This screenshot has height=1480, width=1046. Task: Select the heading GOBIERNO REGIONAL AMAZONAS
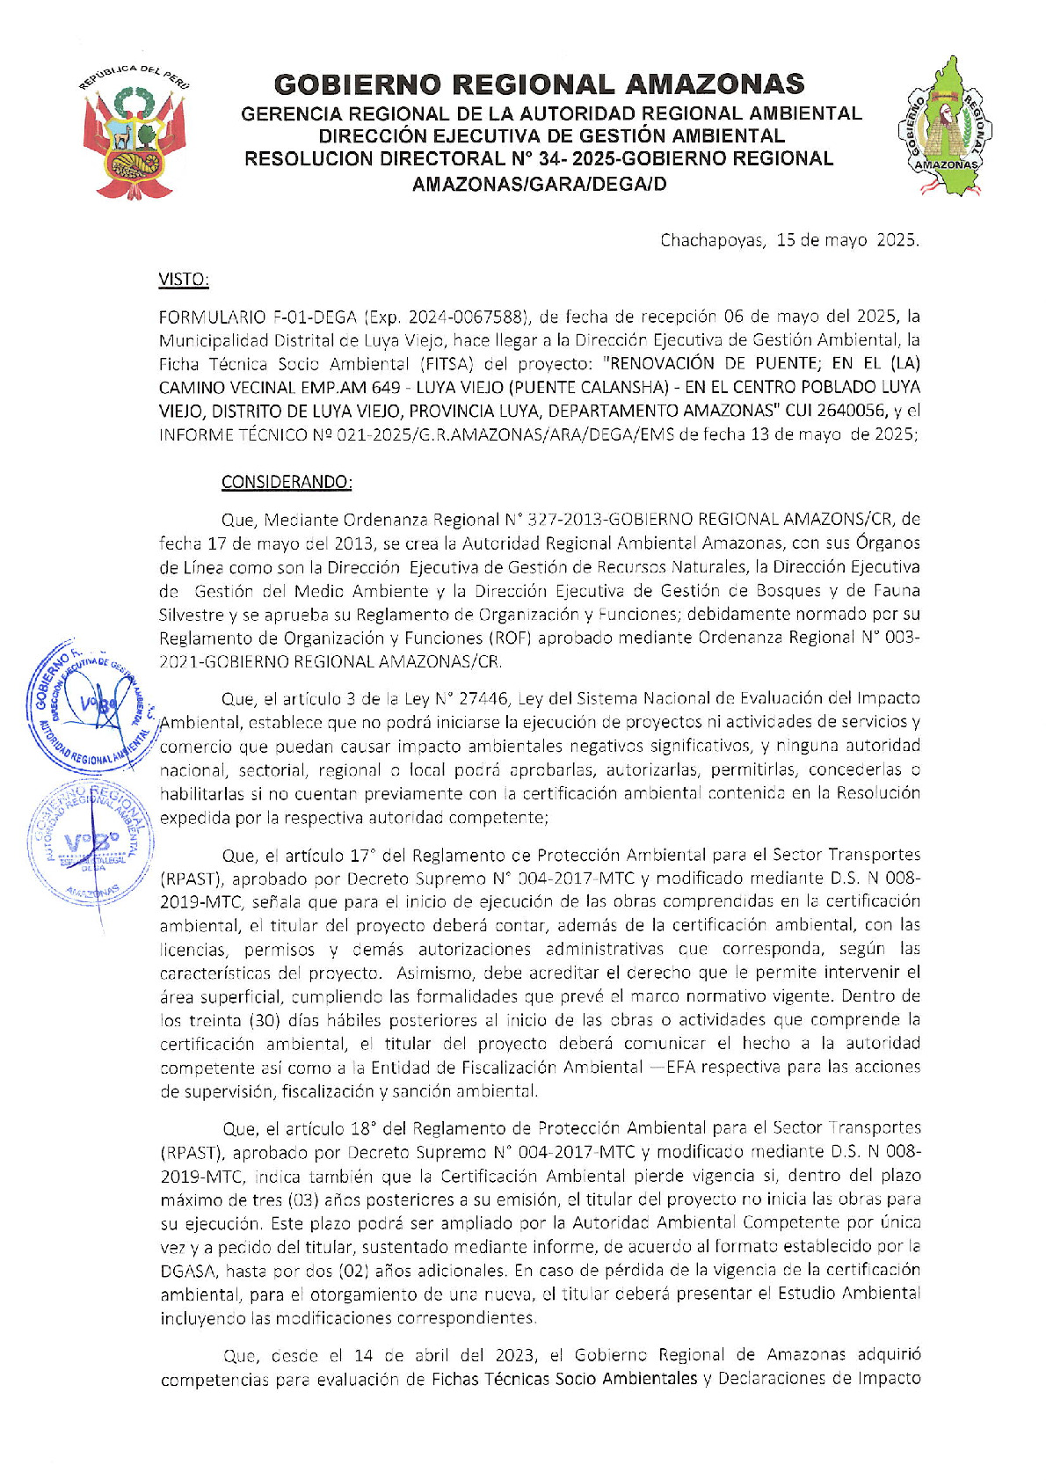pyautogui.click(x=539, y=84)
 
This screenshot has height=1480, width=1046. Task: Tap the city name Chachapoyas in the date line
pyautogui.click(x=712, y=240)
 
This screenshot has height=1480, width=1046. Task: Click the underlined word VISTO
pyautogui.click(x=183, y=280)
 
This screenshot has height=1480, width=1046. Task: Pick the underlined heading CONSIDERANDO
pyautogui.click(x=287, y=482)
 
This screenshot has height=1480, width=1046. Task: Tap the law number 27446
pyautogui.click(x=483, y=698)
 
